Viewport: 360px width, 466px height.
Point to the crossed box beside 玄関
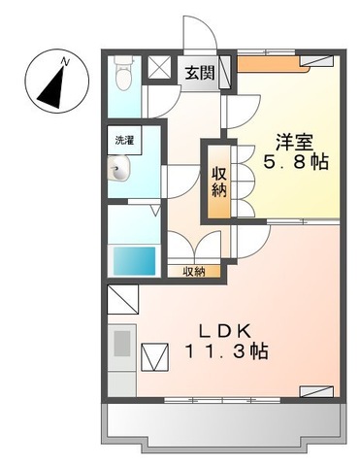click(x=159, y=70)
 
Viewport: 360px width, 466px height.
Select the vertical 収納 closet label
click(x=219, y=181)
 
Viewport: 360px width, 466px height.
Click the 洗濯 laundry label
click(x=121, y=142)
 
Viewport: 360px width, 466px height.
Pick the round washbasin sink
click(x=119, y=174)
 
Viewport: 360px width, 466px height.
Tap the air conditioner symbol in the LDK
click(x=317, y=390)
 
